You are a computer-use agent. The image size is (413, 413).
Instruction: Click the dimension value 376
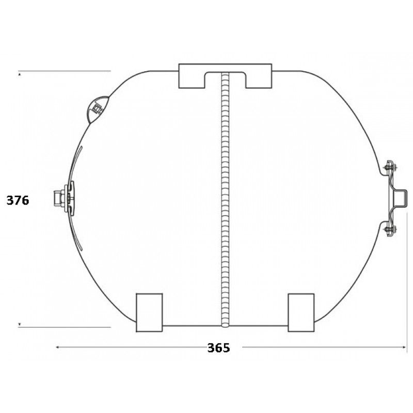tap(18, 200)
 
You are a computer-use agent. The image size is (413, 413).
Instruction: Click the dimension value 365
tap(218, 347)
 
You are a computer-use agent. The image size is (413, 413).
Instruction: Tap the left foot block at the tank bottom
tap(149, 312)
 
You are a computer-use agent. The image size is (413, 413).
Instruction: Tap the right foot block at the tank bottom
tap(301, 312)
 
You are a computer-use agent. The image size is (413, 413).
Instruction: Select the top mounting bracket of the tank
tap(225, 69)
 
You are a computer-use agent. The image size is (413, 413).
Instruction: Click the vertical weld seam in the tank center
tap(225, 200)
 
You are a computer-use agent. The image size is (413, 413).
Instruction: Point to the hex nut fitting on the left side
tap(59, 198)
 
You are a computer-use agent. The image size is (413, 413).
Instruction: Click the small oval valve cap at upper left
tap(97, 109)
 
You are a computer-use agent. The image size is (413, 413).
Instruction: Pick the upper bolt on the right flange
tap(390, 167)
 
